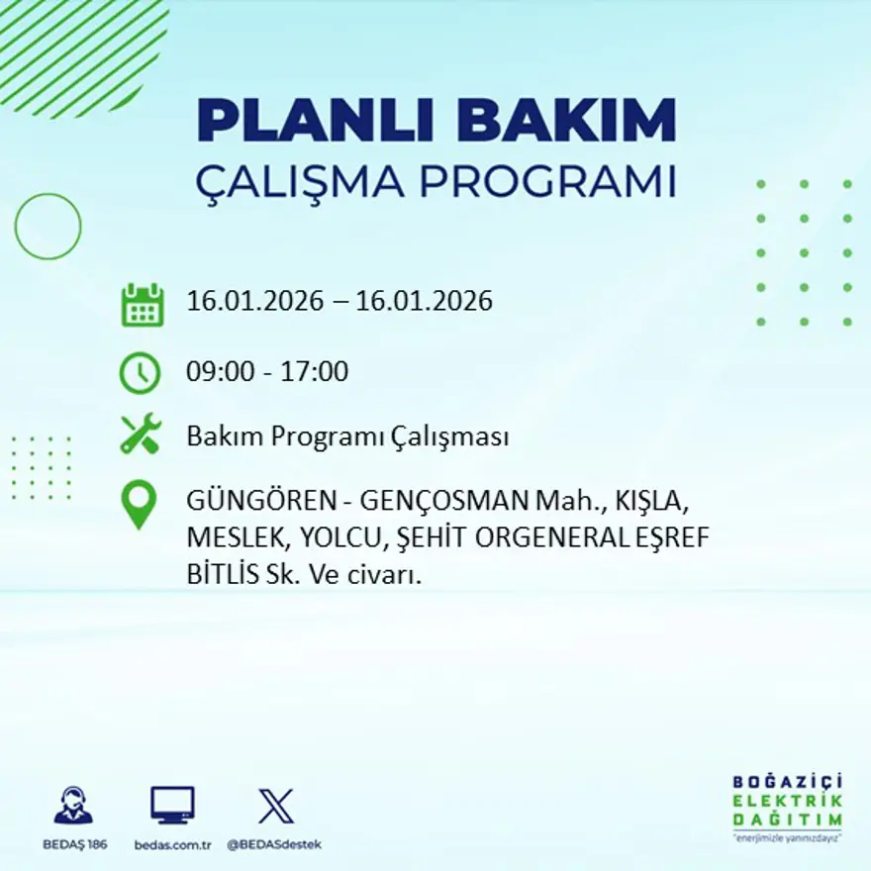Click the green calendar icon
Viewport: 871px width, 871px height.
(x=142, y=305)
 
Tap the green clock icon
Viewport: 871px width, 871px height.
(x=140, y=373)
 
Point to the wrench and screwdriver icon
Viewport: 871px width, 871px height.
(x=140, y=435)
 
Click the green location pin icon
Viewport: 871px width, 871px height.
(x=139, y=503)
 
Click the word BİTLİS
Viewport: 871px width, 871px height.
(x=219, y=575)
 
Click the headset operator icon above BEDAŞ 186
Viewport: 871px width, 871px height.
(x=73, y=806)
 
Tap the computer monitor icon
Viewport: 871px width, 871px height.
(x=172, y=806)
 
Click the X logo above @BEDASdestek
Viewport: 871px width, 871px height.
(x=275, y=806)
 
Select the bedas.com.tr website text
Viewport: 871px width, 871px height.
(x=172, y=844)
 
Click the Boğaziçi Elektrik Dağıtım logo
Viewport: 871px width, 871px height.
(x=787, y=805)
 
